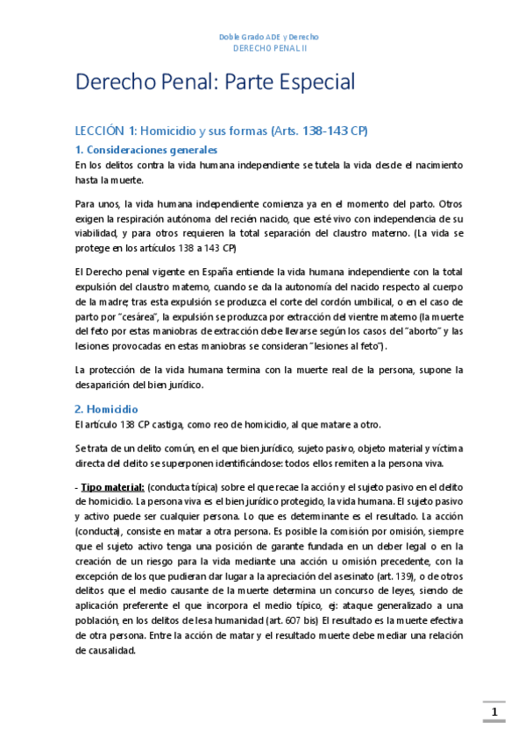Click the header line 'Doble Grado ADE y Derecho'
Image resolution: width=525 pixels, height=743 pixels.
tap(267, 37)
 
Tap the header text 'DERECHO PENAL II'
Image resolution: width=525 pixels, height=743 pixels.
tap(268, 49)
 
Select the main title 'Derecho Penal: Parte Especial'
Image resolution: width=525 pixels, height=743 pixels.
tap(215, 83)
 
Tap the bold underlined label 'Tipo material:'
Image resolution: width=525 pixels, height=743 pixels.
tap(113, 486)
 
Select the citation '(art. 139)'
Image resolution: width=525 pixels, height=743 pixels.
tap(391, 589)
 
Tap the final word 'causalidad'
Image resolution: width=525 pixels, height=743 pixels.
tap(105, 652)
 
